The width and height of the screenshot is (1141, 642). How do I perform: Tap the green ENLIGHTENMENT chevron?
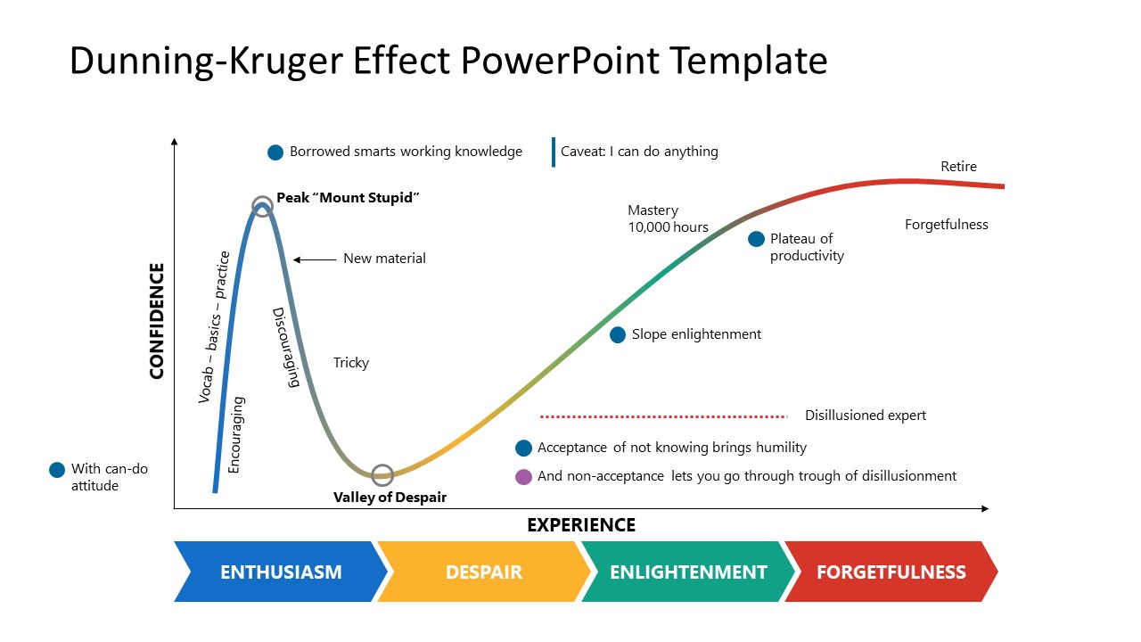point(687,572)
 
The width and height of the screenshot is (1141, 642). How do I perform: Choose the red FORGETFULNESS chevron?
point(891,572)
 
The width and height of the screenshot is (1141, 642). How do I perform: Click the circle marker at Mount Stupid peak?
point(262,206)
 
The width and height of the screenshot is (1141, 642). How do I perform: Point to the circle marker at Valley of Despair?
point(382,474)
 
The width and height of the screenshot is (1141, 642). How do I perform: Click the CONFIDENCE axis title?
point(157,321)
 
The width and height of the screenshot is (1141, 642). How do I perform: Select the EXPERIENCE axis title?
point(581,524)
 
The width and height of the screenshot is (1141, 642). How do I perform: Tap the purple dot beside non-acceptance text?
point(523,476)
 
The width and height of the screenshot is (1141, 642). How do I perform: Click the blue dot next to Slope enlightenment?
point(618,334)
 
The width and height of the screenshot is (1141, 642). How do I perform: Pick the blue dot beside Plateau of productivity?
point(756,239)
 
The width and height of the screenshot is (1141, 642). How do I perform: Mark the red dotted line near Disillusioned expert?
point(664,416)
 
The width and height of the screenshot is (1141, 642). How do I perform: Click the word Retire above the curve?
point(958,167)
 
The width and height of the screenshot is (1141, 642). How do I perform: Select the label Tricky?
point(351,363)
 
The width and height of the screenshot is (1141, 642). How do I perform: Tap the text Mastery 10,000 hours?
point(668,218)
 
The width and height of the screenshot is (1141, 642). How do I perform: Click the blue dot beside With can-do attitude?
point(57,469)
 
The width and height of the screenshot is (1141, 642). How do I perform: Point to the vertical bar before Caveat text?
point(553,152)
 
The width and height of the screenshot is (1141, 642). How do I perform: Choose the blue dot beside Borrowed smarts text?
point(275,152)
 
